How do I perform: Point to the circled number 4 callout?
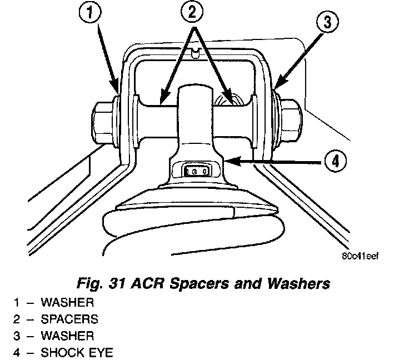[x=335, y=161]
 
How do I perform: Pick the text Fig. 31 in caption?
[x=106, y=284]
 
